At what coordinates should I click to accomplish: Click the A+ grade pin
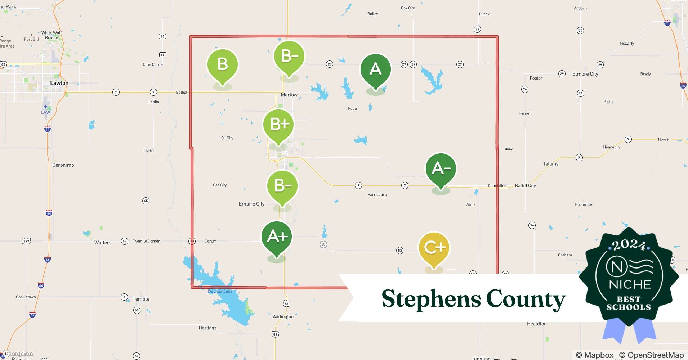pos(277,237)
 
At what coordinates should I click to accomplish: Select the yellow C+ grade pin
pos(434,248)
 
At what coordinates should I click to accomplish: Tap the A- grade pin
pos(441,168)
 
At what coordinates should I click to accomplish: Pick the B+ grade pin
pos(278,125)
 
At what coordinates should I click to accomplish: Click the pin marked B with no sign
pos(223,64)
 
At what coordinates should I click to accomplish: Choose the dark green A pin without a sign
pos(376,69)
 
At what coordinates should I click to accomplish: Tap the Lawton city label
pos(59,83)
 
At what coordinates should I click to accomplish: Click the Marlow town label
pos(289,95)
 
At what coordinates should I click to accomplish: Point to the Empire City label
pos(251,204)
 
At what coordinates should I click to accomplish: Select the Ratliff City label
pos(525,186)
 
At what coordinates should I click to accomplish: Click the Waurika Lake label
pos(220,291)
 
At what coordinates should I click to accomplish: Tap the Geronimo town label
pos(63,165)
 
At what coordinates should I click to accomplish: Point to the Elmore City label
pos(585,74)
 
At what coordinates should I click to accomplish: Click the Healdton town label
pos(537,324)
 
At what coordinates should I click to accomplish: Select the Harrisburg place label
pos(377,195)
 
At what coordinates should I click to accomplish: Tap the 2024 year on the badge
pos(629,246)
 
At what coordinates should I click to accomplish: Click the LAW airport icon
pos(45,107)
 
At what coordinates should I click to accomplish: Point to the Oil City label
pos(227,138)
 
